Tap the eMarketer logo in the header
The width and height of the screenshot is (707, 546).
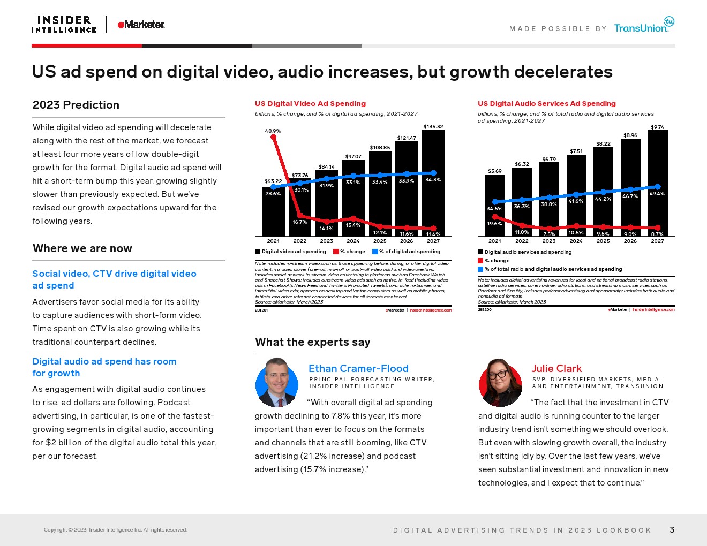click(141, 25)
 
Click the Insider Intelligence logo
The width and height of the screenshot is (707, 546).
click(64, 25)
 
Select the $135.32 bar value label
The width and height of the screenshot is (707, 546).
click(433, 127)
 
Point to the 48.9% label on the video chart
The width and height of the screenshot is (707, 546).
click(273, 131)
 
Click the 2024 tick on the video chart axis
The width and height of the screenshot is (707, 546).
click(353, 241)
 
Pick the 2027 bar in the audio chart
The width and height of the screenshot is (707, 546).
click(657, 182)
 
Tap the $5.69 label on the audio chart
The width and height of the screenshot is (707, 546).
click(494, 171)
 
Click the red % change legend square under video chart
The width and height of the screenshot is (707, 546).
click(336, 252)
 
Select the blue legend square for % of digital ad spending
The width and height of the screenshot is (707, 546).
click(375, 252)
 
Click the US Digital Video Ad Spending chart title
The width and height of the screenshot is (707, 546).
click(310, 104)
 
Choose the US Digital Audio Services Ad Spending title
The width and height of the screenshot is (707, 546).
click(546, 104)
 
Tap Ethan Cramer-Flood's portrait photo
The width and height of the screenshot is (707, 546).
click(277, 383)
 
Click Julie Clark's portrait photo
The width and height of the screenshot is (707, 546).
click(500, 383)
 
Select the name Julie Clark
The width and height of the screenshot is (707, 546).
click(556, 368)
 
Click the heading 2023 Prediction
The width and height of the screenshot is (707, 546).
click(76, 105)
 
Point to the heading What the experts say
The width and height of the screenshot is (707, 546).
click(312, 342)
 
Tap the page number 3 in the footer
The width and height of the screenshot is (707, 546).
click(672, 530)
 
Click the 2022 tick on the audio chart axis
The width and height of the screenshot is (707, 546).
click(522, 241)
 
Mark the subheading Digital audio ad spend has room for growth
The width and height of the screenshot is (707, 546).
click(104, 367)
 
